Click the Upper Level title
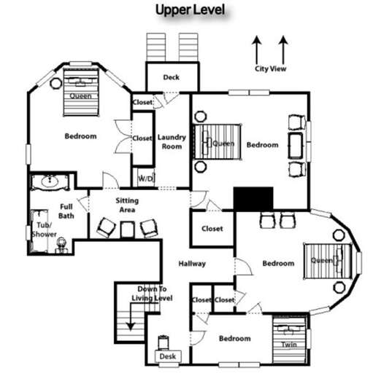(189, 9)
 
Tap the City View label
(270, 69)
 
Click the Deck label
(171, 77)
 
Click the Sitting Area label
(126, 205)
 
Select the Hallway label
(193, 264)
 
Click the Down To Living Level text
(151, 294)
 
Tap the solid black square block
(253, 198)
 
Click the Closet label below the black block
(212, 229)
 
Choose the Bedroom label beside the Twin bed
(235, 339)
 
